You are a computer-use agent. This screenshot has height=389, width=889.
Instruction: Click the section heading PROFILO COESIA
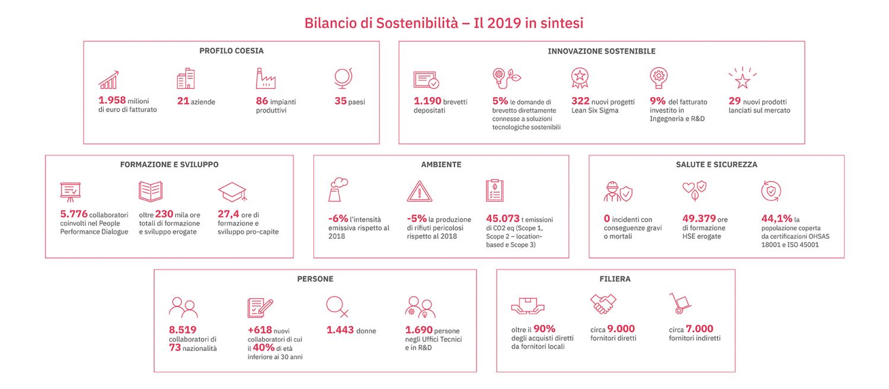231,51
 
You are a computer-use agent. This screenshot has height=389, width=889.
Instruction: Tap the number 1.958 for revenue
112,100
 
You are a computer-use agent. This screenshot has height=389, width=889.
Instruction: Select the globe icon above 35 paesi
344,79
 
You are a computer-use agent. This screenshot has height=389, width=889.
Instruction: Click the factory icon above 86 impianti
266,78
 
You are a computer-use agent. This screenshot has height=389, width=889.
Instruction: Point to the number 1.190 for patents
428,101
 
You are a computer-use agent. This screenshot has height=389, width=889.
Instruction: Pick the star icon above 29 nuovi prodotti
742,78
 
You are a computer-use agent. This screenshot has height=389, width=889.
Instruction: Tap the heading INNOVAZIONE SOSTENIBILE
602,52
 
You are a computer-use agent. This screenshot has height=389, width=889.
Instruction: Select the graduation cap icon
232,192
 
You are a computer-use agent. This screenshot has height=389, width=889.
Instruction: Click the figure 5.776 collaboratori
73,214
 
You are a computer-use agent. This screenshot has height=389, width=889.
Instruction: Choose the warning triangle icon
419,192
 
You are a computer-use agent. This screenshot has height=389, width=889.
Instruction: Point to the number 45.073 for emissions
503,218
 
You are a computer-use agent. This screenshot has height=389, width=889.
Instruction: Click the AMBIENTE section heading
441,164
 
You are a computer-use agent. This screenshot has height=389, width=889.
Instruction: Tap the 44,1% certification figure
776,218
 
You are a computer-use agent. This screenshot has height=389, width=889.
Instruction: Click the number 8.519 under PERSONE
183,330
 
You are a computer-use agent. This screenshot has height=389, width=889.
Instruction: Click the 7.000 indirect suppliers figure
699,329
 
